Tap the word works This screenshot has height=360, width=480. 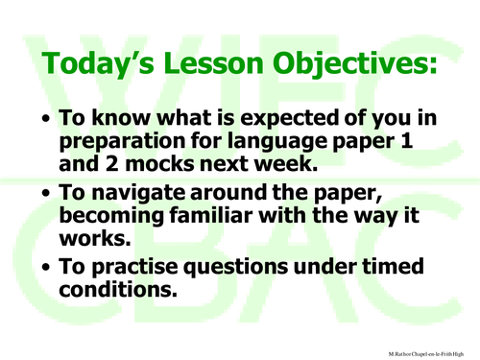click(92, 235)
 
